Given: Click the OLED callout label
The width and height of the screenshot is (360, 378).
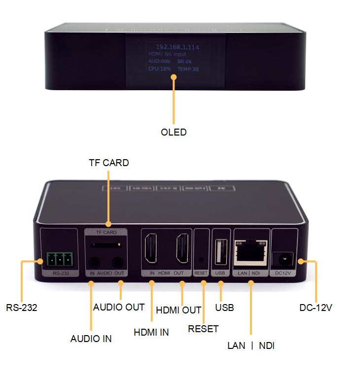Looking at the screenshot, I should (174, 132).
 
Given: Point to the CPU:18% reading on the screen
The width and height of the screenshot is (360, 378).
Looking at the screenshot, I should (160, 69).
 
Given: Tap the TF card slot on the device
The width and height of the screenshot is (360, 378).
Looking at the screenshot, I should (107, 245).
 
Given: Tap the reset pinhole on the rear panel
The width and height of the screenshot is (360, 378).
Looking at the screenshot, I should (201, 258).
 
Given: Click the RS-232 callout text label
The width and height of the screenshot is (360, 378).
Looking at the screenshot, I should (21, 308).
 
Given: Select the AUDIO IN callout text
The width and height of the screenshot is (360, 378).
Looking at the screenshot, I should (91, 339).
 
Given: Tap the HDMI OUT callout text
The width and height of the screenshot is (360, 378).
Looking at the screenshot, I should (178, 310).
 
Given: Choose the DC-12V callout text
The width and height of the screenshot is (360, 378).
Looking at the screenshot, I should (316, 308).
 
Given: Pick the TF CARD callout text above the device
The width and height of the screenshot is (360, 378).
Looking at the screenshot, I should (108, 163).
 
